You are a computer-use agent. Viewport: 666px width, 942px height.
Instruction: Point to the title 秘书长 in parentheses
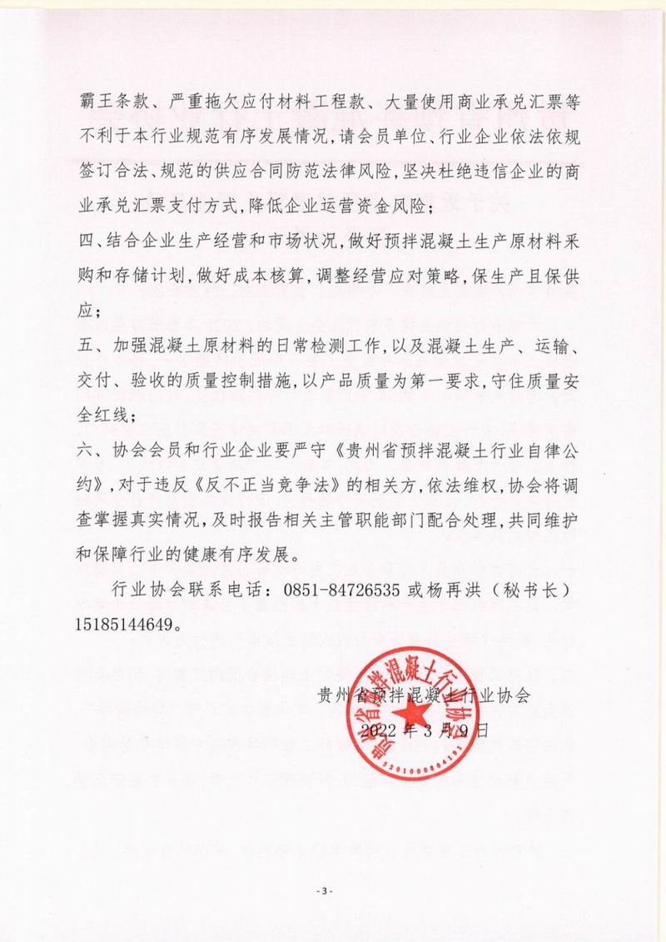click(x=531, y=589)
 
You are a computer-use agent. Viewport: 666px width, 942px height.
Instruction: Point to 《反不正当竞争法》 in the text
click(x=261, y=485)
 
